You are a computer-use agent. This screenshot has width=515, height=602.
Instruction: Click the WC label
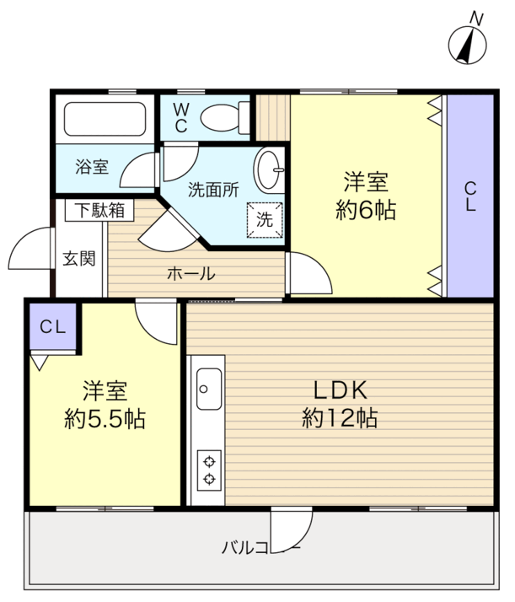coord(181,116)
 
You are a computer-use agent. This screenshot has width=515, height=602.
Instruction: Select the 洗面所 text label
coord(213,191)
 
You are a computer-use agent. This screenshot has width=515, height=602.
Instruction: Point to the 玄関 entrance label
coord(78,258)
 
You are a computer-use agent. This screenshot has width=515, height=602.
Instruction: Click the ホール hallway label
coord(190,274)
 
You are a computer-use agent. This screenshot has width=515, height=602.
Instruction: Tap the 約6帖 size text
coord(365,210)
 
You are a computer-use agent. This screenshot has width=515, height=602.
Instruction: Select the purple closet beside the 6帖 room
coord(469,195)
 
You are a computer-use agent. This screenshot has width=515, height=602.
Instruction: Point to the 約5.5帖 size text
coord(105,417)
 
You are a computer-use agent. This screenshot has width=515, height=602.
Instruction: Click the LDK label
coord(340,390)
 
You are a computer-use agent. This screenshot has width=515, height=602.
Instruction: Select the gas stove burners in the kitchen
coord(207,470)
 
